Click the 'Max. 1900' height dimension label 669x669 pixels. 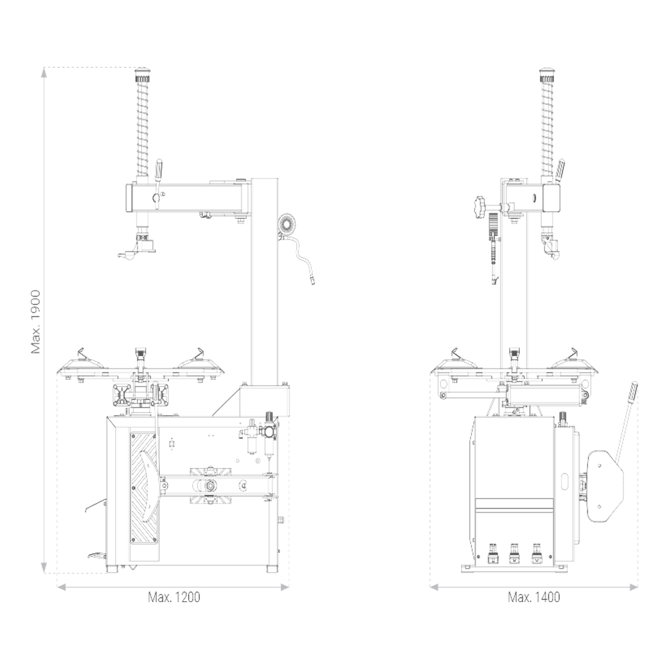[x=36, y=322]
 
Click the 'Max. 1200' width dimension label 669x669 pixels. [x=174, y=597]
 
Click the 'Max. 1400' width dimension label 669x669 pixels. [x=534, y=597]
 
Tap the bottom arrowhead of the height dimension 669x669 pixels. [x=43, y=568]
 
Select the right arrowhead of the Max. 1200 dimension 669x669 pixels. [x=284, y=587]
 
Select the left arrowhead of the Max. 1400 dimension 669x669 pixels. [x=435, y=587]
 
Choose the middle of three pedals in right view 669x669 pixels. [x=514, y=553]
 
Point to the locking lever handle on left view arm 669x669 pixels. [x=159, y=169]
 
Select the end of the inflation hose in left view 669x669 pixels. [x=312, y=281]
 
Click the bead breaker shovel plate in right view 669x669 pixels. [x=605, y=486]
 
